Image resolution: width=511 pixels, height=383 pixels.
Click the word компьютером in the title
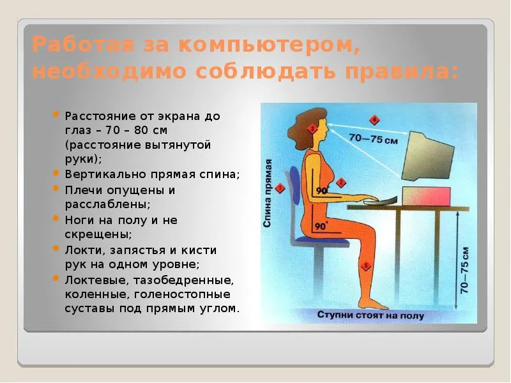coord(269,45)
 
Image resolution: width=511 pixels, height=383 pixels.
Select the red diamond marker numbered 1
coord(280,188)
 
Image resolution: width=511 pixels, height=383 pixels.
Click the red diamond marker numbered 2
coord(341,183)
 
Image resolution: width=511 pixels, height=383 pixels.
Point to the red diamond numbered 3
coord(312,129)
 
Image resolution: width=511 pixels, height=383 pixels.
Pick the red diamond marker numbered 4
coord(374,120)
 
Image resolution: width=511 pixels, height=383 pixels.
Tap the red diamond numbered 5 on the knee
coord(365,266)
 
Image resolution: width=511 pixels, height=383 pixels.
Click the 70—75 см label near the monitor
coord(374,139)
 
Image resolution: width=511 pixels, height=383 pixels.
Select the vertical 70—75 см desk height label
coord(464,271)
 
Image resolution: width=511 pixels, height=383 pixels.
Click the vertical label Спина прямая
coord(268,193)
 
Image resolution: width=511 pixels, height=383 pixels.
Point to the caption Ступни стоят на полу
coord(370,315)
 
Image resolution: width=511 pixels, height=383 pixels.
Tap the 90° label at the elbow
coord(322,190)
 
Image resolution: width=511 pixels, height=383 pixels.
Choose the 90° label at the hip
coord(321,226)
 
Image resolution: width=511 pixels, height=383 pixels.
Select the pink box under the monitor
coord(426,197)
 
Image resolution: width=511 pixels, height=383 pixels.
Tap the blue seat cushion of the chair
coord(321,242)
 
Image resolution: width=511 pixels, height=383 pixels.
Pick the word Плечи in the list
coord(84,190)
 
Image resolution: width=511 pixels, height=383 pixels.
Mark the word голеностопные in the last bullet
coord(182,295)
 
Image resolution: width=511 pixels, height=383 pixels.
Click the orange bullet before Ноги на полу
coord(56,218)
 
